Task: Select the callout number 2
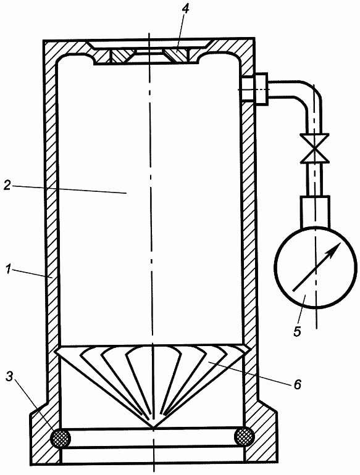(x=7, y=186)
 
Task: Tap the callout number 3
(x=10, y=376)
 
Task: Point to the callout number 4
(x=185, y=9)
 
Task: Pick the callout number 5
(x=297, y=331)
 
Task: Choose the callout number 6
(x=297, y=384)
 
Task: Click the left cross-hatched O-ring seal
(x=61, y=438)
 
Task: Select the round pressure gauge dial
(x=315, y=268)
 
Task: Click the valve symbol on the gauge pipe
(x=316, y=149)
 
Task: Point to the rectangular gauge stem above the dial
(x=315, y=212)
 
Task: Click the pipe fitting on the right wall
(x=255, y=88)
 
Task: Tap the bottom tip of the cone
(x=153, y=427)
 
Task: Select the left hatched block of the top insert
(x=120, y=56)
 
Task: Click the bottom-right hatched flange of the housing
(x=260, y=433)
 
